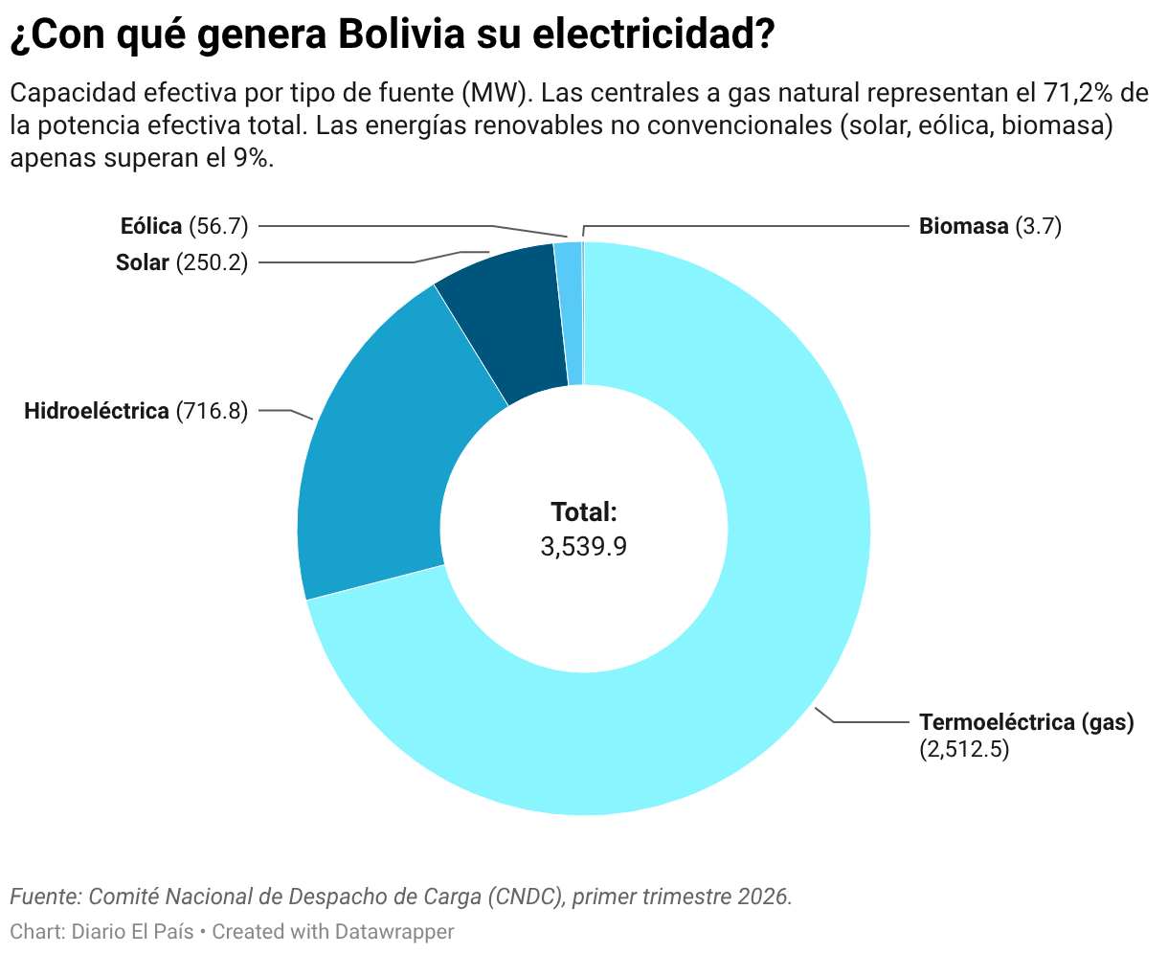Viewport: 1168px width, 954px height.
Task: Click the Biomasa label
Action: click(x=963, y=226)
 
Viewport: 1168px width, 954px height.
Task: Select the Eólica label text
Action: click(x=151, y=226)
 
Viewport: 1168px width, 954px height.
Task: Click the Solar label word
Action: click(x=143, y=262)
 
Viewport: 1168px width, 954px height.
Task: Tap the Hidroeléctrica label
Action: click(x=97, y=411)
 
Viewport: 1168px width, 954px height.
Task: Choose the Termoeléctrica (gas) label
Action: click(x=1026, y=722)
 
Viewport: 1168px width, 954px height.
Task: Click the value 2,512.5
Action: click(x=964, y=749)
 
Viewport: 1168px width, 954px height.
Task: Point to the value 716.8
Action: click(x=213, y=411)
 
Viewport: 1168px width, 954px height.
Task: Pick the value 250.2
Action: click(x=213, y=262)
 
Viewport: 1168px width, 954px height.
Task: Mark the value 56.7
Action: click(x=218, y=226)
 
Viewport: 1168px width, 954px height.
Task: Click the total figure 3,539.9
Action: click(x=584, y=547)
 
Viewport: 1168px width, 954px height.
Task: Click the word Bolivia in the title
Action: click(x=401, y=34)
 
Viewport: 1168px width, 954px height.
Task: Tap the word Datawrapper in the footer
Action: click(x=394, y=932)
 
